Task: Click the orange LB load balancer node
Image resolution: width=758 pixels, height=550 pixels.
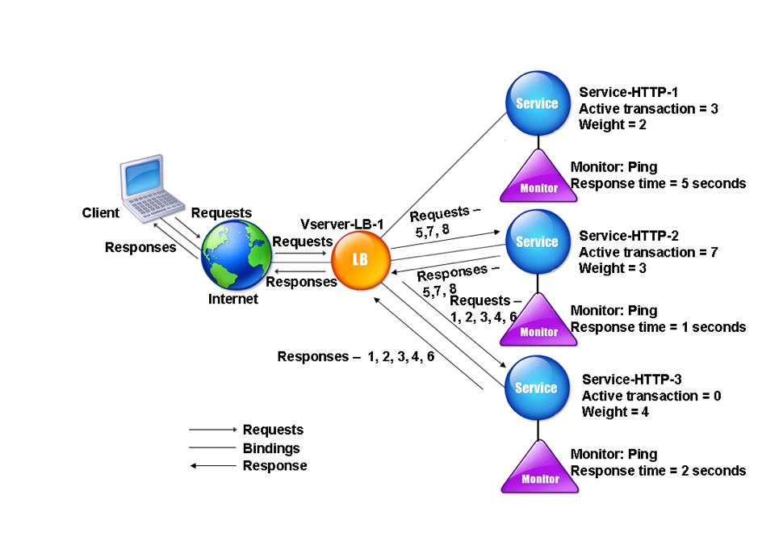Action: point(361,260)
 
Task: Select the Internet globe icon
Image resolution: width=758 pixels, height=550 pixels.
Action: point(237,255)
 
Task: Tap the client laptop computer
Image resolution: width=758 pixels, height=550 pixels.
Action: point(150,188)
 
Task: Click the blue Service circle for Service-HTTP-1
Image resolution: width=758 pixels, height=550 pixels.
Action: point(538,103)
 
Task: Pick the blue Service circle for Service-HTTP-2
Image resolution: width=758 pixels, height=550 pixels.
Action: point(538,241)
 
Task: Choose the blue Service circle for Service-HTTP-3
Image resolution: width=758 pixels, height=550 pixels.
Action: point(537,388)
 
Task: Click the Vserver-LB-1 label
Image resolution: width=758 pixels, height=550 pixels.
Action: point(341,224)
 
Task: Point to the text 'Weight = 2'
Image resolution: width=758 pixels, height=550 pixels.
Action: point(613,124)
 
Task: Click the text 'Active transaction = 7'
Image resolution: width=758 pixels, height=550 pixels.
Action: point(648,252)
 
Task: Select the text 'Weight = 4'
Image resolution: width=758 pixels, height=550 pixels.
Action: point(615,412)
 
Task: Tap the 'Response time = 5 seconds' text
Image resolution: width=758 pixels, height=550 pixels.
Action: point(658,183)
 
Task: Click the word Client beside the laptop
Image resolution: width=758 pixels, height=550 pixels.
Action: point(101,212)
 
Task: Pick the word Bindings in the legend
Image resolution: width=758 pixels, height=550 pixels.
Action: point(271,448)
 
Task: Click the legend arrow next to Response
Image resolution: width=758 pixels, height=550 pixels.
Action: point(213,466)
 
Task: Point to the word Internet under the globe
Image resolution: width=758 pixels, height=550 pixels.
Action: point(233,299)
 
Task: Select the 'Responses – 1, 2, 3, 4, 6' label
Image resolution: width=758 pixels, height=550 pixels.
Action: point(356,356)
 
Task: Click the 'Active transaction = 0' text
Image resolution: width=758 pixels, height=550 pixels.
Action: point(651,396)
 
